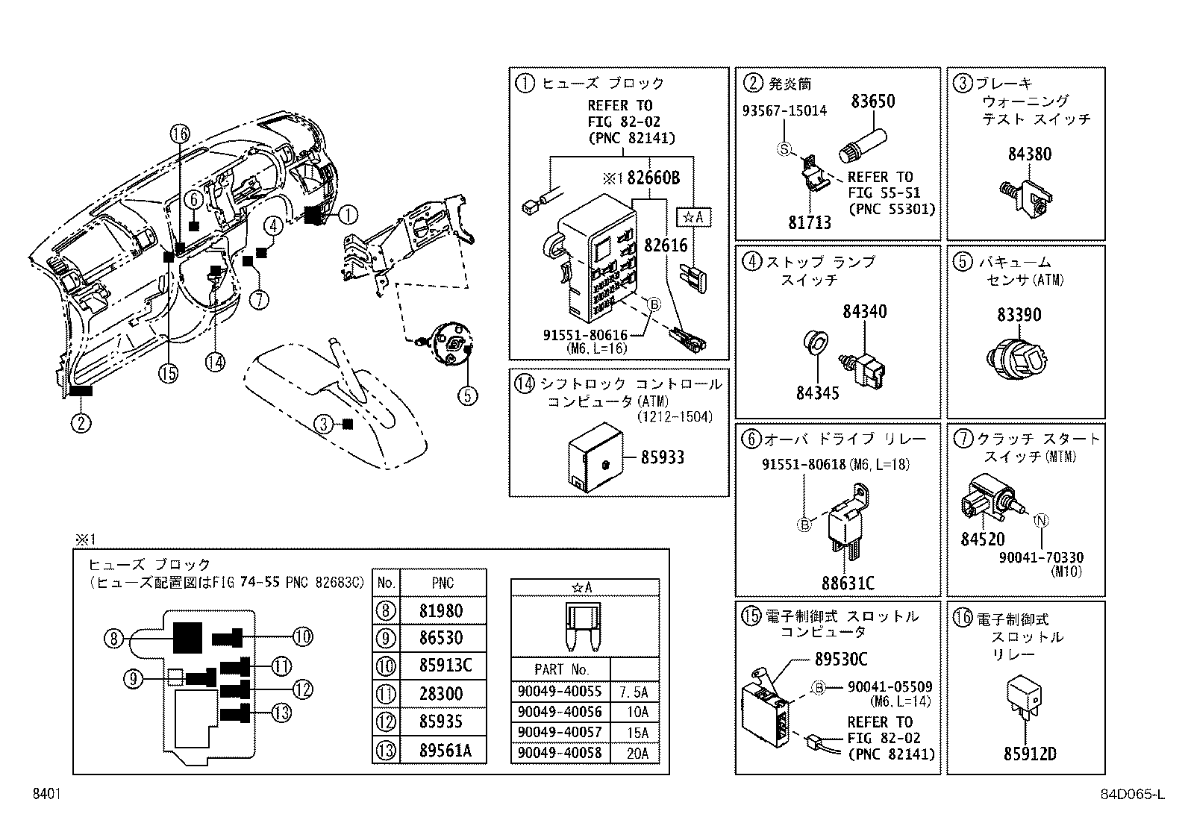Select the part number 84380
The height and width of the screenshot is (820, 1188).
[x=1029, y=154]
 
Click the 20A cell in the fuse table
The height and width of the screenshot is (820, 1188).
[x=637, y=753]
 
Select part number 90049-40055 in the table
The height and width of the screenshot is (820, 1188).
[x=559, y=692]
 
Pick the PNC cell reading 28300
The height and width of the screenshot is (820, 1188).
[x=442, y=694]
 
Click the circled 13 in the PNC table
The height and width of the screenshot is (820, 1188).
[x=386, y=750]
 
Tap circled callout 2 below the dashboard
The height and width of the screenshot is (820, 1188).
[x=81, y=423]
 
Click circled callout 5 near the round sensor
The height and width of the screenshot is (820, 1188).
[x=467, y=394]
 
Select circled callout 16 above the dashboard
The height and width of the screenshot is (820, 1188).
[x=179, y=134]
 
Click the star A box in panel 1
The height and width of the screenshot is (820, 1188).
[x=693, y=217]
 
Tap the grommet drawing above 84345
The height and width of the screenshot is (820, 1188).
[x=815, y=344]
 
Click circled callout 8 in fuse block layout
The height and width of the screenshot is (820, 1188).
[x=113, y=638]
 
